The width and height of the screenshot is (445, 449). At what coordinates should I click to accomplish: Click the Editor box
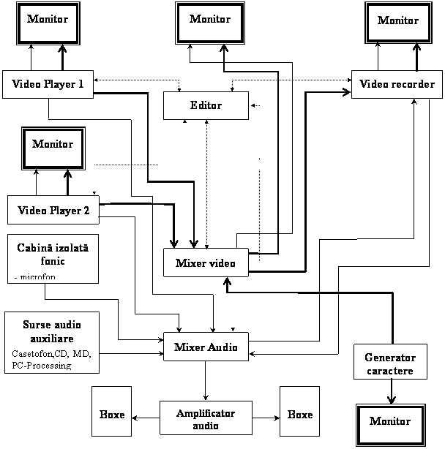(x=206, y=105)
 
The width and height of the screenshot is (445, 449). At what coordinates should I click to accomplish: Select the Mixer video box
(x=206, y=263)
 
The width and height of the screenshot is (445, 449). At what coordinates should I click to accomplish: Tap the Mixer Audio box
(x=206, y=347)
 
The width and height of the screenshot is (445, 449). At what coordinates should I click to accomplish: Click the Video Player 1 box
(x=48, y=84)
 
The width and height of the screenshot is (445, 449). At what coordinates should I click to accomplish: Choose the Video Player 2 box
(x=53, y=210)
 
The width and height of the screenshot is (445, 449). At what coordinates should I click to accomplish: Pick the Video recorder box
(x=397, y=84)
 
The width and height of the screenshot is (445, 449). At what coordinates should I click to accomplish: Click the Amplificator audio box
(x=206, y=418)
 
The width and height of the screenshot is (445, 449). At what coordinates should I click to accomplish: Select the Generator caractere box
(x=390, y=362)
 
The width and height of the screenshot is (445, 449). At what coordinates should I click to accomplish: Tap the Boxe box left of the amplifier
(x=111, y=411)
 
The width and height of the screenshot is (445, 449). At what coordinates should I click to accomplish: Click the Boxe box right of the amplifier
(x=299, y=411)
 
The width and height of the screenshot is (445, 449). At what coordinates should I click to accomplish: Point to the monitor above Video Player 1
(x=48, y=23)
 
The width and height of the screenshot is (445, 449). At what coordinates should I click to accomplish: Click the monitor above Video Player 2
(x=53, y=148)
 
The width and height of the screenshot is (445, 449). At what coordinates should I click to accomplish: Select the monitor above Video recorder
(x=398, y=23)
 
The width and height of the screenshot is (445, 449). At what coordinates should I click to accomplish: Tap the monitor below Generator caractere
(x=391, y=425)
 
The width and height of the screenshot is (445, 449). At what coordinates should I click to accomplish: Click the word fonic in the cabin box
(x=53, y=261)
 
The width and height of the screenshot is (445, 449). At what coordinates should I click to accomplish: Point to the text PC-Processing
(x=42, y=366)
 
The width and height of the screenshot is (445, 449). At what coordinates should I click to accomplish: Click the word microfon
(x=38, y=276)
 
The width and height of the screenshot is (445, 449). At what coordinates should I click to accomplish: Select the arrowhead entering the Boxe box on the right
(x=277, y=418)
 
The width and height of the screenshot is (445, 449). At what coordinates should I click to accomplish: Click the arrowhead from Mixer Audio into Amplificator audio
(x=206, y=397)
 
